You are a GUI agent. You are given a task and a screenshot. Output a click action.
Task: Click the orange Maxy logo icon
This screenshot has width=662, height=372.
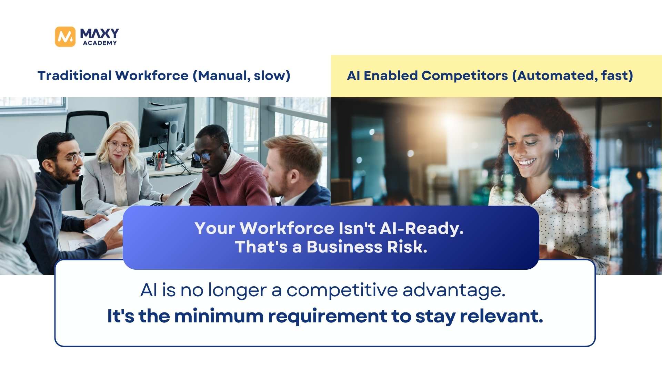(65, 37)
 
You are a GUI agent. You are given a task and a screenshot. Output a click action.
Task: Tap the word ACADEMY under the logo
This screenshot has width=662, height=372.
(100, 43)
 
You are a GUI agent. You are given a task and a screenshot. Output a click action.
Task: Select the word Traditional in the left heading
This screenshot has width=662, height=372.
(74, 75)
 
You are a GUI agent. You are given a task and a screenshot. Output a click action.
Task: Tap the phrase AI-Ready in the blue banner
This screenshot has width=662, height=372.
(422, 229)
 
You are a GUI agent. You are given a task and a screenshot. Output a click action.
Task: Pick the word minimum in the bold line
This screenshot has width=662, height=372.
(219, 316)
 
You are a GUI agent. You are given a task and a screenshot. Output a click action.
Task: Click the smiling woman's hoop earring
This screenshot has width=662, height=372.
(557, 154)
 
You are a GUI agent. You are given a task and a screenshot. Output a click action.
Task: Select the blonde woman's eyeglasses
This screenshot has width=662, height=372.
(119, 146)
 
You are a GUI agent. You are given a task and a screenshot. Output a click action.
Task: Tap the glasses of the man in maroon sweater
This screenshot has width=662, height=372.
(204, 156)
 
